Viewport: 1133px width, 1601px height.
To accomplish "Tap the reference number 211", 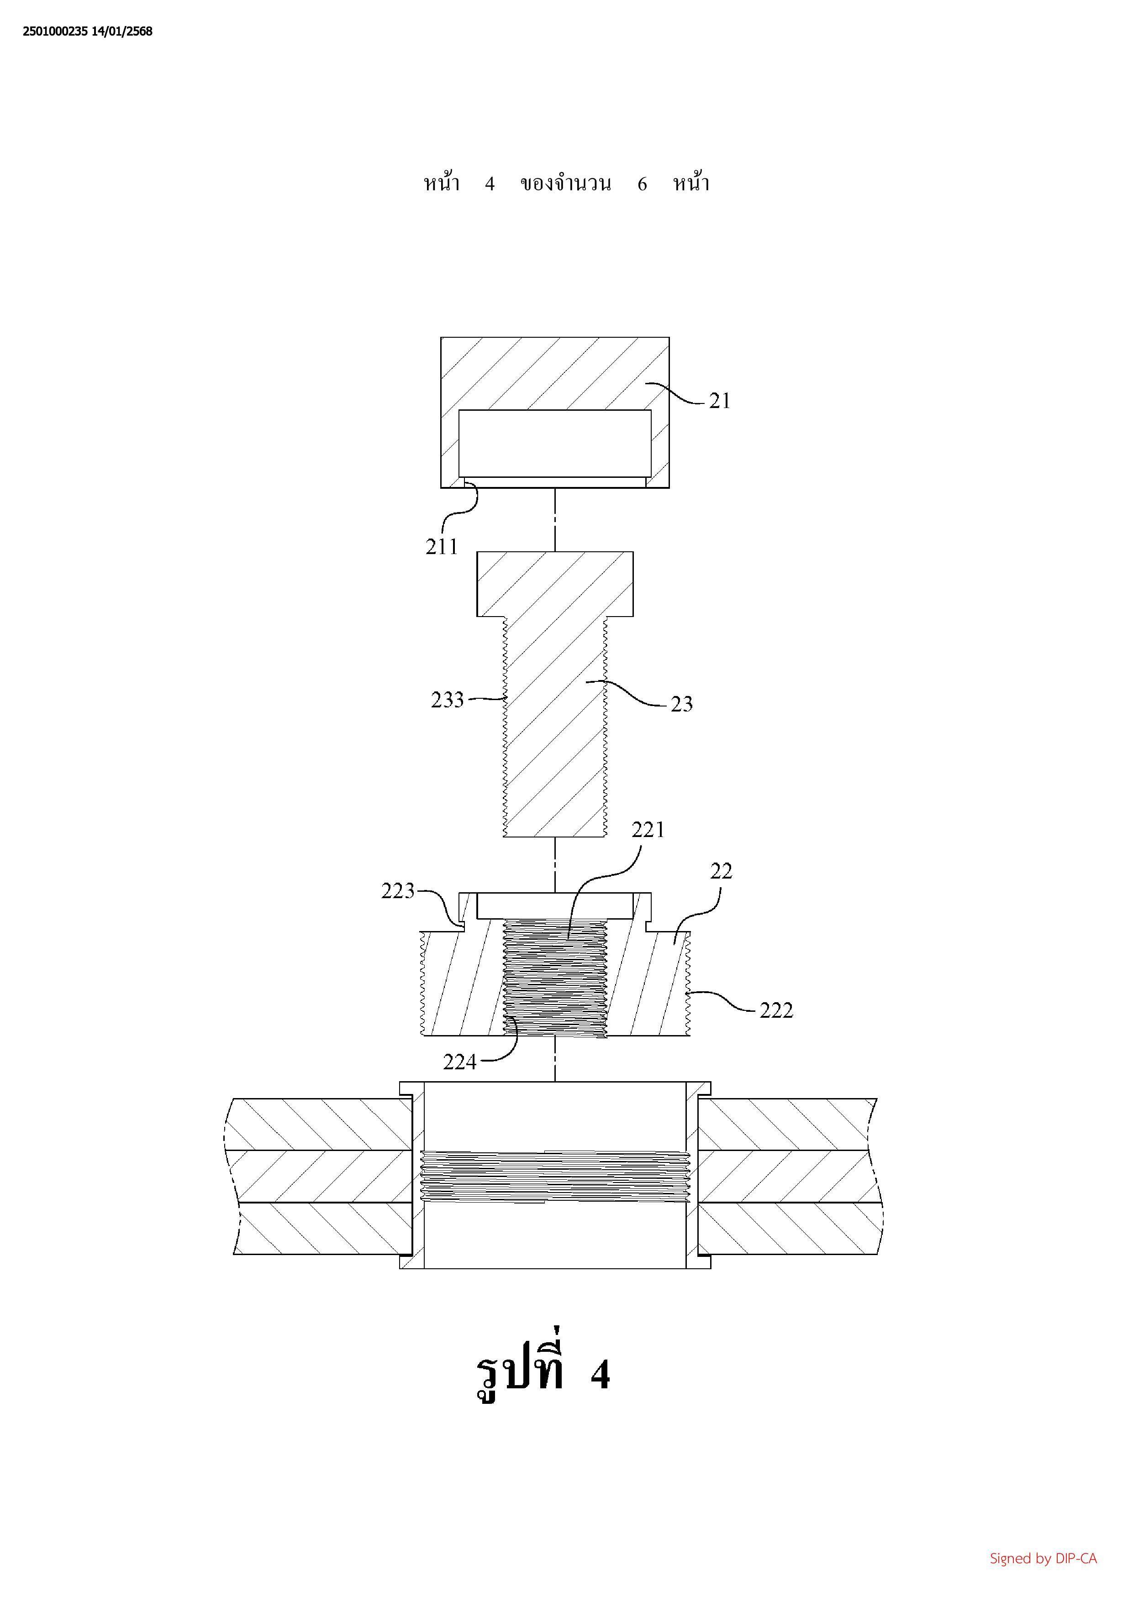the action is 442,547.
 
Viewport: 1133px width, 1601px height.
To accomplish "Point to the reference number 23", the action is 682,704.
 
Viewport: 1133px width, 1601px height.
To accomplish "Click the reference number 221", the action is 648,830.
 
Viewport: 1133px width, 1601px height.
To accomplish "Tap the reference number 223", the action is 398,891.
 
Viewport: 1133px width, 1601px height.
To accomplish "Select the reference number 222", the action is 776,1010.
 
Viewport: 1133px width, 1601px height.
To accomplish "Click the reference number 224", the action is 460,1062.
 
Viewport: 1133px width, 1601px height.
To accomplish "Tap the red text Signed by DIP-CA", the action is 1043,1559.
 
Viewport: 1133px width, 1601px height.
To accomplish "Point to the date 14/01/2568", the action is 122,31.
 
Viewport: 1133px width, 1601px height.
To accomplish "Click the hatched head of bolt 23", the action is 555,584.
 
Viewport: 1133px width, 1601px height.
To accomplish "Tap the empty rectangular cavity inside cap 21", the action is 555,444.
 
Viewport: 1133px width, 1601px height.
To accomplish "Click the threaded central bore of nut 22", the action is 555,977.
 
